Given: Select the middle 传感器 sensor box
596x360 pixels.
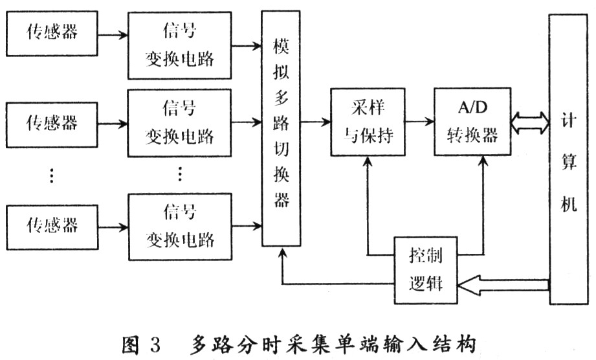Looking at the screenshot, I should [x=52, y=122].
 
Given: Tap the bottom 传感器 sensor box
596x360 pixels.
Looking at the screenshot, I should [x=52, y=225].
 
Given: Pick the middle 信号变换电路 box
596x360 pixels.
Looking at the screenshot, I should [x=179, y=123].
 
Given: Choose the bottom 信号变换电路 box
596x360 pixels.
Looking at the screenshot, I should [x=179, y=225].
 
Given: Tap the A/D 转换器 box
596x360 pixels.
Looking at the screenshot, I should [x=467, y=122].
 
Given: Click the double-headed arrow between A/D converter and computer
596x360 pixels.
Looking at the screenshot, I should [x=529, y=122].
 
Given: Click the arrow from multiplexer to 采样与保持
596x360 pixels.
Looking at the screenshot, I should [x=315, y=120].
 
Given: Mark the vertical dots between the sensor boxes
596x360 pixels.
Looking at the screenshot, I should [x=52, y=174].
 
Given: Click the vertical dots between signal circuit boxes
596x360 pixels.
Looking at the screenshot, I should [x=179, y=174].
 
